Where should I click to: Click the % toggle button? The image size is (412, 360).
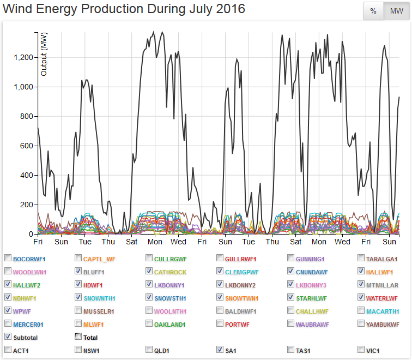pyautogui.click(x=373, y=11)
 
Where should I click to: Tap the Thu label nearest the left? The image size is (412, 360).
pyautogui.click(x=108, y=242)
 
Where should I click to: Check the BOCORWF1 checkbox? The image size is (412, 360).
pyautogui.click(x=8, y=259)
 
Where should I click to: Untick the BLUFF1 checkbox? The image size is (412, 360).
pyautogui.click(x=78, y=272)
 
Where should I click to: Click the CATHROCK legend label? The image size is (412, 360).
pyautogui.click(x=171, y=272)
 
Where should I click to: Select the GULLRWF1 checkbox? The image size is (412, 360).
pyautogui.click(x=220, y=259)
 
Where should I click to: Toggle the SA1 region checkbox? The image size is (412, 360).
pyautogui.click(x=220, y=350)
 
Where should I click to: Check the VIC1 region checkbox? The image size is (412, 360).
pyautogui.click(x=362, y=350)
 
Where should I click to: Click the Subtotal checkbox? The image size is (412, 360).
pyautogui.click(x=8, y=337)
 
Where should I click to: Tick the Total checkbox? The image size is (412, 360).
pyautogui.click(x=78, y=337)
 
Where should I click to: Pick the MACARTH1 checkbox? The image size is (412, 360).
pyautogui.click(x=362, y=311)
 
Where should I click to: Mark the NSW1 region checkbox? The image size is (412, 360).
pyautogui.click(x=78, y=350)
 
